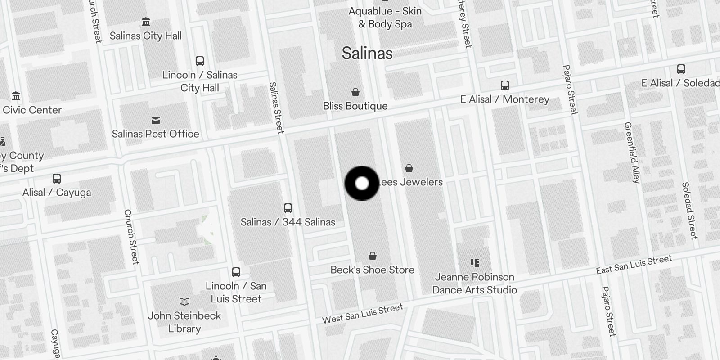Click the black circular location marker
(362, 183)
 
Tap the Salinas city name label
(367, 53)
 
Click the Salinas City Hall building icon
(145, 22)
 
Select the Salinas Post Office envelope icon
(156, 121)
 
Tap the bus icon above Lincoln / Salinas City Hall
(200, 61)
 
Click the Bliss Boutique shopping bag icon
(355, 92)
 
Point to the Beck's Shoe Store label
(372, 270)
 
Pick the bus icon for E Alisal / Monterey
(505, 85)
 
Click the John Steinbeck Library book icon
(184, 301)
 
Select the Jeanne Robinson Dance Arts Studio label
(474, 283)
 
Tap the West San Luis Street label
(362, 314)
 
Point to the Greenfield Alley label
(632, 153)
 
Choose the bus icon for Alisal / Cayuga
(57, 179)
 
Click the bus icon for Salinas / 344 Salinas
(288, 208)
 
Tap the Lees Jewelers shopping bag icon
(409, 168)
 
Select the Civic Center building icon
(16, 96)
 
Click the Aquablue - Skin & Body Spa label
(385, 18)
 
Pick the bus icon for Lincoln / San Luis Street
(236, 272)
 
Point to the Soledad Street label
(689, 210)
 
